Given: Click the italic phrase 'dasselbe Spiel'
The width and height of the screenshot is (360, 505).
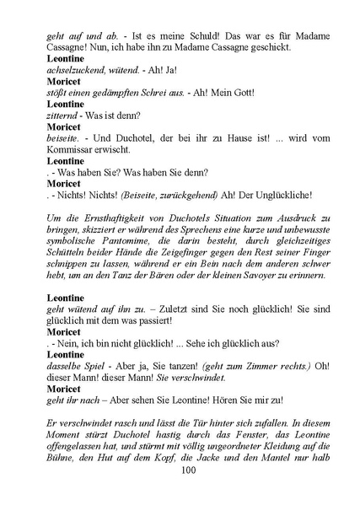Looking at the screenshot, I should pos(55,365).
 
